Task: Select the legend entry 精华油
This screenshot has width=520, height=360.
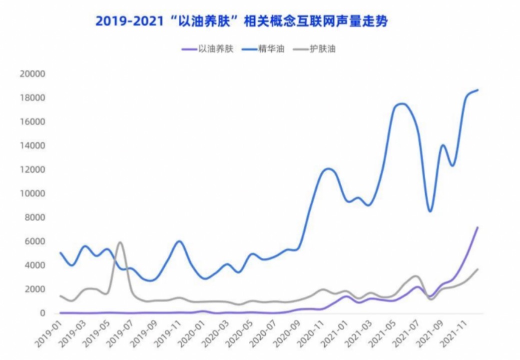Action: point(271,49)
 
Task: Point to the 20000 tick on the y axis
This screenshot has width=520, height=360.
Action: point(32,74)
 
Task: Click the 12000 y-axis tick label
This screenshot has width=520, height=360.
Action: point(32,170)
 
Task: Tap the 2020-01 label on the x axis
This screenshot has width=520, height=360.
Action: point(192,332)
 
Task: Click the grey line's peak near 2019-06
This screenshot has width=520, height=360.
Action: point(120,242)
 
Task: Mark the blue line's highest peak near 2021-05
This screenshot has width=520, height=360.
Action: point(402,103)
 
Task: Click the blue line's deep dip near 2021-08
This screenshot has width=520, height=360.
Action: point(430,211)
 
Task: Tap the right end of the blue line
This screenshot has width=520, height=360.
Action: point(478,90)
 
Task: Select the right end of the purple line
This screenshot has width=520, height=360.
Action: point(478,227)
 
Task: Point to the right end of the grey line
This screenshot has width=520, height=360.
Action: point(478,269)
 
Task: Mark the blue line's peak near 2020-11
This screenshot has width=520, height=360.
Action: point(328,168)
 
